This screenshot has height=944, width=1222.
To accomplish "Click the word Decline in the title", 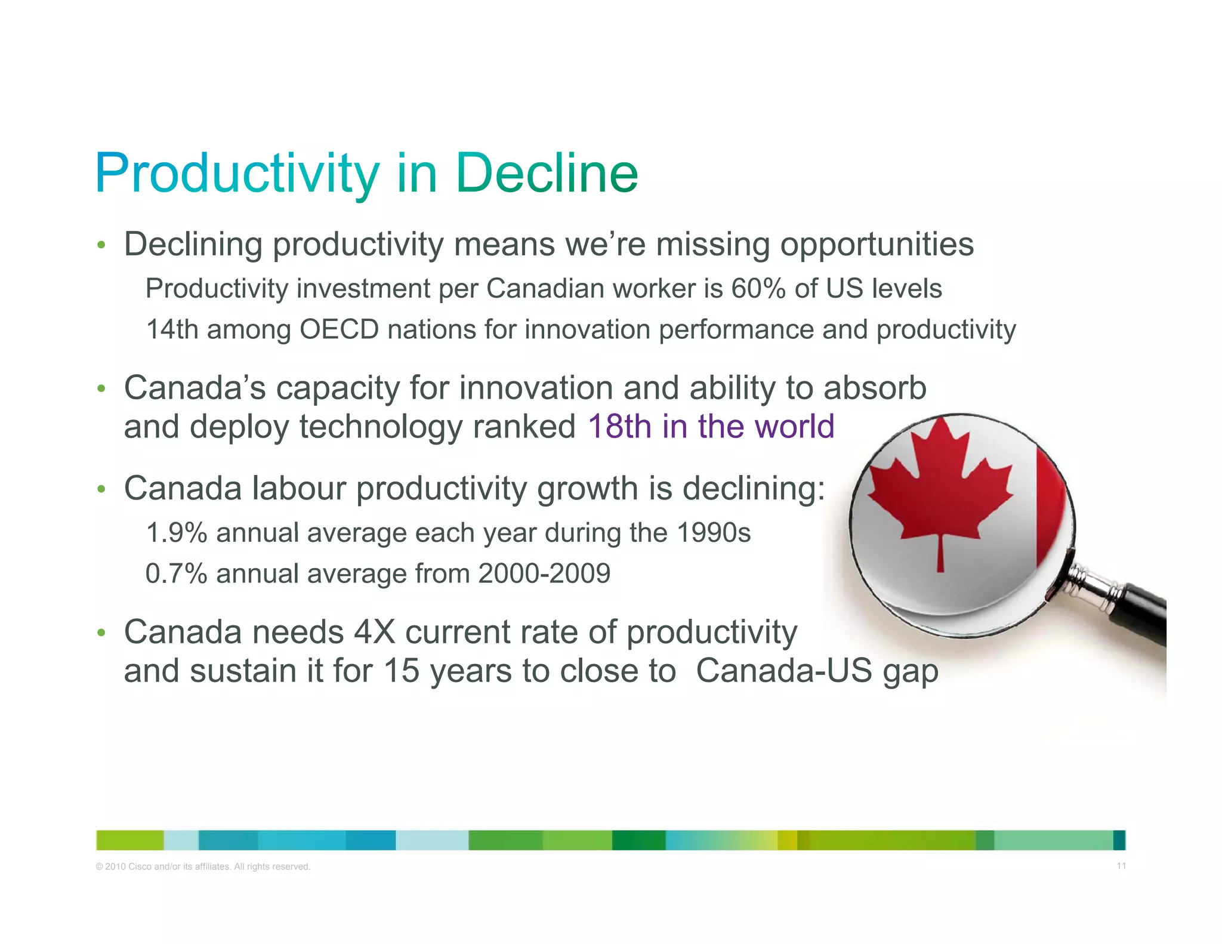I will (546, 174).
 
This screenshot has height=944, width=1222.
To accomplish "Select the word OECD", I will (338, 330).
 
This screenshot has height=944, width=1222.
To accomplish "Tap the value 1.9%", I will (176, 533).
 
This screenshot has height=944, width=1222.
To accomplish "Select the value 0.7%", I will (176, 574).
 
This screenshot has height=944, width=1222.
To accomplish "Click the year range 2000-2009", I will (544, 574).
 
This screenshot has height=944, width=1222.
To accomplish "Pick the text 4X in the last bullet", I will (374, 633).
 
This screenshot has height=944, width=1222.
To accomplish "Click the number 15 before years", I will (401, 671).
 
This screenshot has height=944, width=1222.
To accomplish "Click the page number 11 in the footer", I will (1121, 866).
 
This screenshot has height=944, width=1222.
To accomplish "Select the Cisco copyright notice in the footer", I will (203, 866).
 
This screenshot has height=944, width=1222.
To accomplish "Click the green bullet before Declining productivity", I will (101, 245).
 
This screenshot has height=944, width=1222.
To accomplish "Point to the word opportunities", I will (877, 245).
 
